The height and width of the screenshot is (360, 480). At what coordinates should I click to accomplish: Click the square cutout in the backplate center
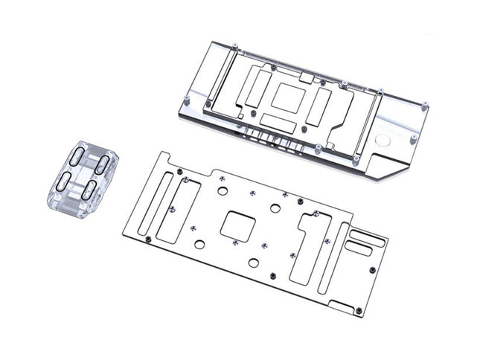point(240,225)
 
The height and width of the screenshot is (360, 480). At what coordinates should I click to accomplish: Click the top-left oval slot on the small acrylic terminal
point(77,157)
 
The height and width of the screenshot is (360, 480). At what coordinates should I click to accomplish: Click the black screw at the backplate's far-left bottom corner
point(147,238)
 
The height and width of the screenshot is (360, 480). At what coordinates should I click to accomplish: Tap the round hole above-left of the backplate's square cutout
point(222,190)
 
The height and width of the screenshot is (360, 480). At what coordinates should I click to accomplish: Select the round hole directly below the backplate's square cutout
point(254,263)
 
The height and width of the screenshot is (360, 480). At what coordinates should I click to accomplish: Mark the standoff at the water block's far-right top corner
point(425,105)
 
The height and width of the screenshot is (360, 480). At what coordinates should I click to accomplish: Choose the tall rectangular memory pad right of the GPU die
point(320,103)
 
